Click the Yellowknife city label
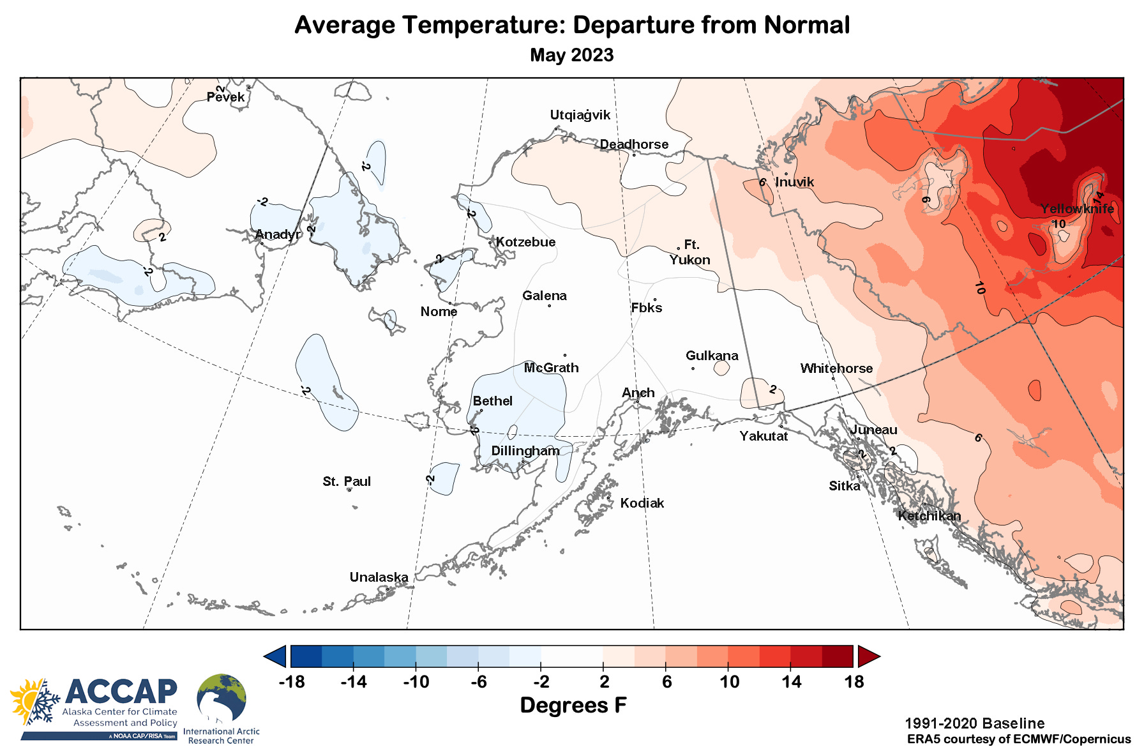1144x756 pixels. click(x=1077, y=209)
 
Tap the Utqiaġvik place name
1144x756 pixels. click(x=580, y=115)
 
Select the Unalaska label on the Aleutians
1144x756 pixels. click(x=379, y=577)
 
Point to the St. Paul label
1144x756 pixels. click(x=347, y=481)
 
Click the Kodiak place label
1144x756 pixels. click(x=642, y=503)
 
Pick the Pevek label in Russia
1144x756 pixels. click(x=225, y=97)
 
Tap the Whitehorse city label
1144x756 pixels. click(x=836, y=368)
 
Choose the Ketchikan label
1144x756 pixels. click(x=929, y=516)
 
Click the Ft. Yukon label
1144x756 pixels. click(x=690, y=252)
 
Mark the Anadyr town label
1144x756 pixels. click(x=278, y=234)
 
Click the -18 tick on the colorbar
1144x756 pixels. click(x=292, y=682)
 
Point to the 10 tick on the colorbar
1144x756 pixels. click(x=729, y=682)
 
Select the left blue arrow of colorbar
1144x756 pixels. click(x=275, y=656)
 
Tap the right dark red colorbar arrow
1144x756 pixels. click(x=869, y=656)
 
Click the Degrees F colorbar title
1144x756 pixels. click(x=573, y=706)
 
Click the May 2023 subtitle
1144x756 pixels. click(x=571, y=55)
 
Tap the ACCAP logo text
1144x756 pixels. click(x=121, y=692)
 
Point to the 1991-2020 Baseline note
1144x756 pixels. click(x=974, y=723)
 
